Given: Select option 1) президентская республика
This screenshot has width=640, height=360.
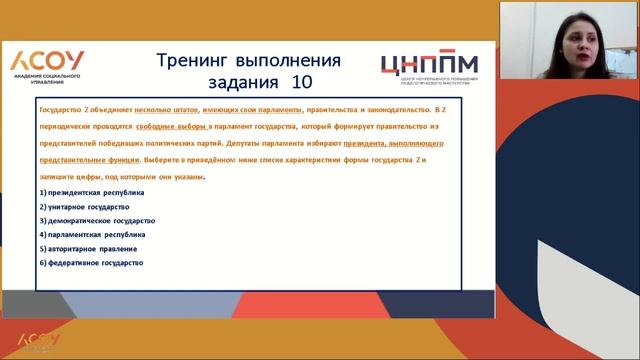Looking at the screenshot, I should [x=92, y=191].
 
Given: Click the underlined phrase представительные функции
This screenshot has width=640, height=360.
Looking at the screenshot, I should [x=86, y=159].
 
